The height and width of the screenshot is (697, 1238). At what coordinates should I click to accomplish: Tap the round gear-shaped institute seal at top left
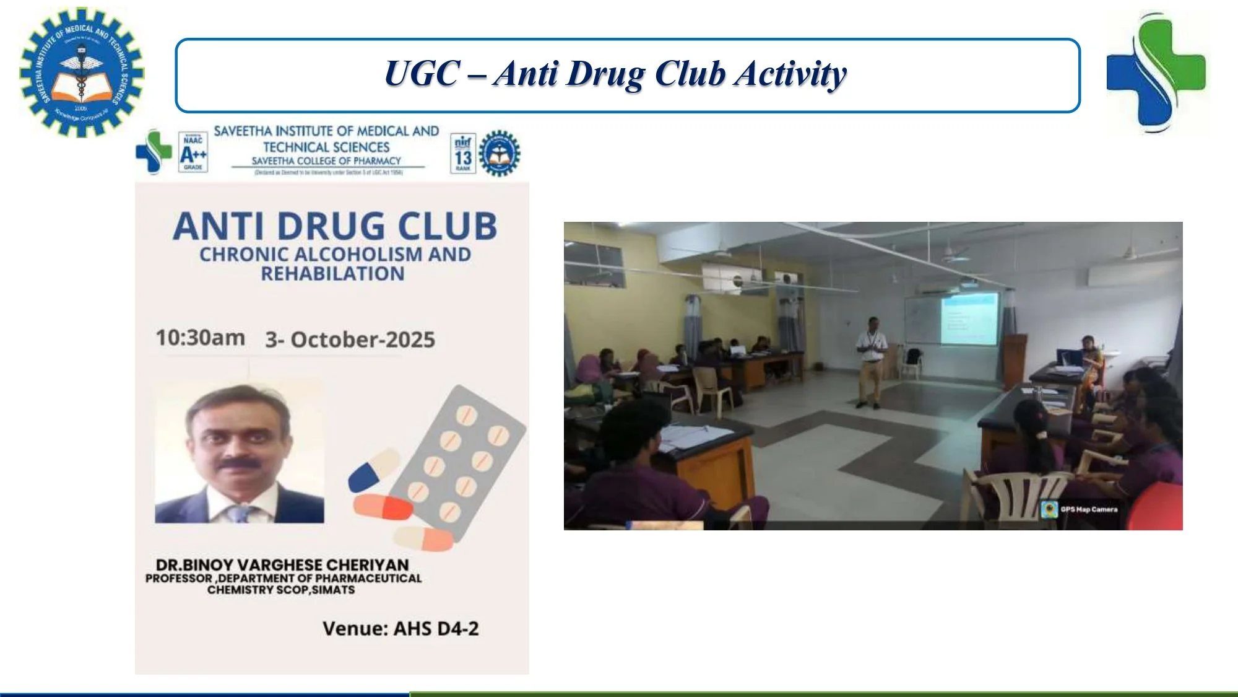pos(81,72)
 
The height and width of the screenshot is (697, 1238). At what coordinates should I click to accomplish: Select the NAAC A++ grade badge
pos(193,152)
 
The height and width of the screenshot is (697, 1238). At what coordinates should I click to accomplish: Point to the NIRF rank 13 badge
pos(463,153)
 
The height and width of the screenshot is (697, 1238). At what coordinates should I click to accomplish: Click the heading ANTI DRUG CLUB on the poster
pos(335,226)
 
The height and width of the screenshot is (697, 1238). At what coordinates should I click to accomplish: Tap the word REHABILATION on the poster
pos(332,274)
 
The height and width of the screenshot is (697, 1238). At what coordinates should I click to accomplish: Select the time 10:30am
pos(200,338)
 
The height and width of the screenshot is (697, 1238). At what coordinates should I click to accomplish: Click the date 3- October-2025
pos(350,340)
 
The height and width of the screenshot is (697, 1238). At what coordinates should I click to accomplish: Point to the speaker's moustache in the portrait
pos(238,463)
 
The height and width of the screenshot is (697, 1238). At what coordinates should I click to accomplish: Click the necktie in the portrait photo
pos(238,514)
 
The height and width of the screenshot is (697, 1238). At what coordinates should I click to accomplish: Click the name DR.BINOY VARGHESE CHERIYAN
pos(282,565)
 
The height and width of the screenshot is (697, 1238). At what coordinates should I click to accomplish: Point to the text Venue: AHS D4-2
pos(400,629)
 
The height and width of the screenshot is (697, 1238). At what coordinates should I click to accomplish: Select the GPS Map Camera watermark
pos(1080,509)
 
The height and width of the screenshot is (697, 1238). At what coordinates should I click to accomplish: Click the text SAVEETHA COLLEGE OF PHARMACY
pos(326,161)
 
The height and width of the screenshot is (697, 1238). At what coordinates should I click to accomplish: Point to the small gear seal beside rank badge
pos(500,153)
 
